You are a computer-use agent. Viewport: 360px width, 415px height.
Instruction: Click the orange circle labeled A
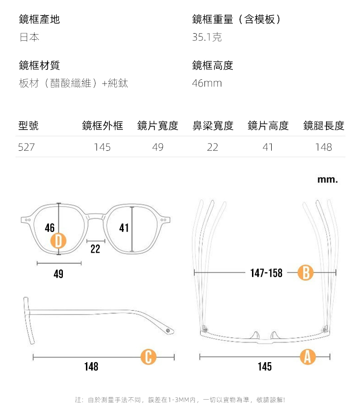[308, 357]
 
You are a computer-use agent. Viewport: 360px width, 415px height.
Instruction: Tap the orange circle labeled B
[306, 273]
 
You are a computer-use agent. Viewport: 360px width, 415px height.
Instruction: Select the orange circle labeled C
[148, 357]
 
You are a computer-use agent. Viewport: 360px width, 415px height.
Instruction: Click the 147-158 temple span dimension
[266, 273]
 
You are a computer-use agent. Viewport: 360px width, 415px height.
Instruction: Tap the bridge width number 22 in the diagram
[95, 248]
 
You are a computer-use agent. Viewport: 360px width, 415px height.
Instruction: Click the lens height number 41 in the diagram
[124, 228]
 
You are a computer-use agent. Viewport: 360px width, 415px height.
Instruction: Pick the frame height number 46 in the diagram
[49, 228]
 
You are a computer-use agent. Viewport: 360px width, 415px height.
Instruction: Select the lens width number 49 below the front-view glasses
[59, 274]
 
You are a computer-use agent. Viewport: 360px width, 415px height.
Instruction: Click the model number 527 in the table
[26, 147]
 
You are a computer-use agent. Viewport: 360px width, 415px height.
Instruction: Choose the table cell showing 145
[102, 147]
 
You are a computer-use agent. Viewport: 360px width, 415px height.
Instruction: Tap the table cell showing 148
[324, 147]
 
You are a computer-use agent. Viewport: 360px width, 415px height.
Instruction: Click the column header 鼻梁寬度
[213, 126]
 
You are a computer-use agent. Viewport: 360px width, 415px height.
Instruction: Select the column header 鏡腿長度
[324, 126]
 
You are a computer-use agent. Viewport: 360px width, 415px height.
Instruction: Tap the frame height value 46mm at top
[207, 84]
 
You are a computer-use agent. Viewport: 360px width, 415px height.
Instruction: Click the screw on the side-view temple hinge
[167, 331]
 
